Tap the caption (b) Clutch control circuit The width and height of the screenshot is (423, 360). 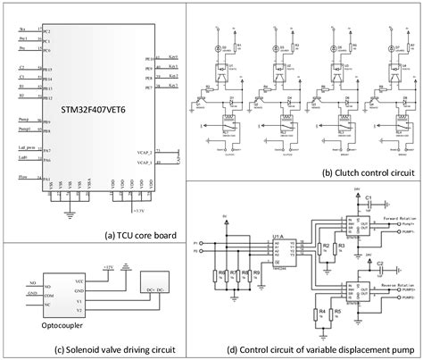(x=368, y=172)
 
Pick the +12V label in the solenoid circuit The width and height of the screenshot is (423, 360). (x=110, y=266)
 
